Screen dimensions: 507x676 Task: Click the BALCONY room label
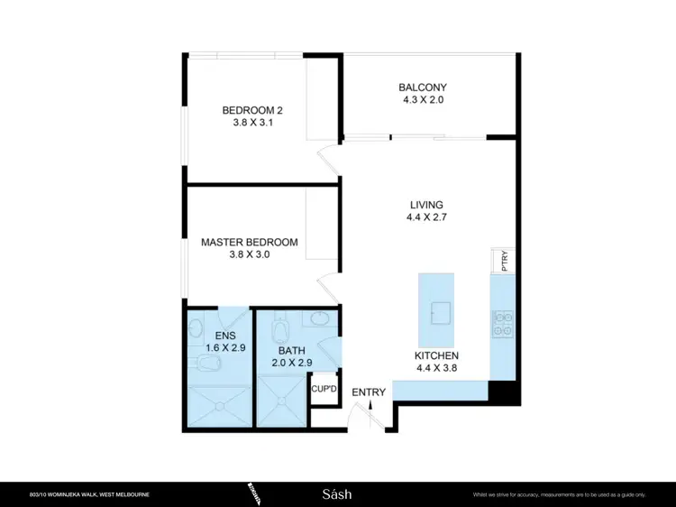click(422, 88)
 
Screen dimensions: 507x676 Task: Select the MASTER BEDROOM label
click(249, 242)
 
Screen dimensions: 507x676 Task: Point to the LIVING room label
click(426, 205)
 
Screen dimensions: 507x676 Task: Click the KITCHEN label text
click(436, 355)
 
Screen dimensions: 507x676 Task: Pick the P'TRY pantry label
click(505, 262)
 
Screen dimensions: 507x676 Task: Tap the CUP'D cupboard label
click(323, 390)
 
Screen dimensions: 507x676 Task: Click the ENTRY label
click(369, 392)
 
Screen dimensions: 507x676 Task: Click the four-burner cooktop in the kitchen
click(501, 323)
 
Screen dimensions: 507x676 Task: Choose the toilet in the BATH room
click(278, 320)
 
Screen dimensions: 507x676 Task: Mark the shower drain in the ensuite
click(220, 406)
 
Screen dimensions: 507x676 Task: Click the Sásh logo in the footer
click(337, 493)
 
